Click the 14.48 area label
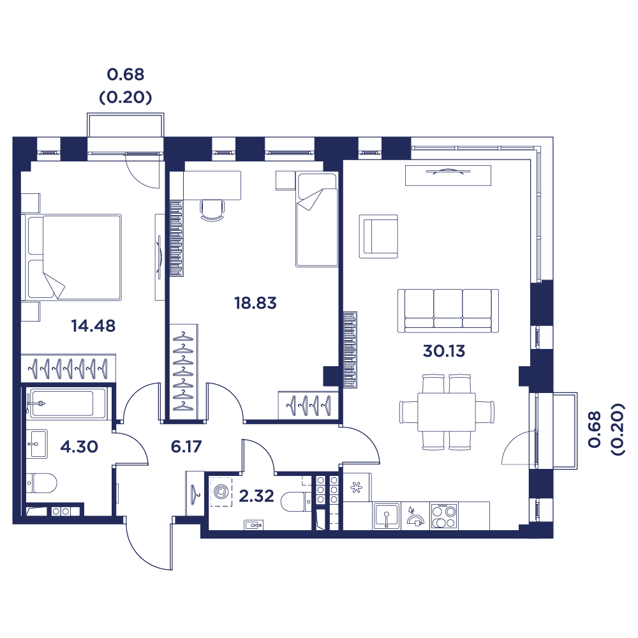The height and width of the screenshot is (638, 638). (x=93, y=326)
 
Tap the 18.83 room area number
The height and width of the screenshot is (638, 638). (x=255, y=303)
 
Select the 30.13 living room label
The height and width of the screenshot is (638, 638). (x=445, y=350)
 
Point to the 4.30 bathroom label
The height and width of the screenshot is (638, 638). (x=78, y=447)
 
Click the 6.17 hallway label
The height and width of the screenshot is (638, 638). (x=186, y=447)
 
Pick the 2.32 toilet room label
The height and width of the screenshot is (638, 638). (x=256, y=496)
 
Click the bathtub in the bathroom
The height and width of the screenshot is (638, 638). (x=61, y=404)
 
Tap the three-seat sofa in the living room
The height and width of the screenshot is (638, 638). (x=449, y=311)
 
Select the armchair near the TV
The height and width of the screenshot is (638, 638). (x=378, y=236)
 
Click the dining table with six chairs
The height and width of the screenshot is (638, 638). (x=447, y=412)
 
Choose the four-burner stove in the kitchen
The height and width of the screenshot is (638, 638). (x=444, y=516)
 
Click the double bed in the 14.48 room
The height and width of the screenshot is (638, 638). (x=71, y=257)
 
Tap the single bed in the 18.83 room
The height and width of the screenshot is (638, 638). (x=316, y=219)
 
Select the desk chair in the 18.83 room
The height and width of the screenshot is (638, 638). (x=212, y=209)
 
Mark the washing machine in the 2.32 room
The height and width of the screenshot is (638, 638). (x=221, y=492)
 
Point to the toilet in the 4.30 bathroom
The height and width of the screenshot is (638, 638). (x=41, y=483)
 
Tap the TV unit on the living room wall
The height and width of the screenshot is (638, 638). (x=447, y=175)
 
